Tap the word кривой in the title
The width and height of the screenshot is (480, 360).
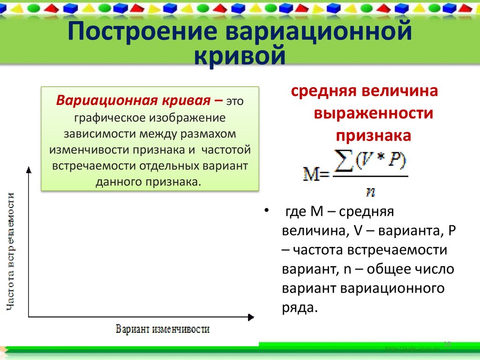click(x=240, y=56)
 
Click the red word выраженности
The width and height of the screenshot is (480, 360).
click(x=373, y=113)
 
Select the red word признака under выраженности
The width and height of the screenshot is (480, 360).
click(x=373, y=135)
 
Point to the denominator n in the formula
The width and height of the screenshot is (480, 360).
click(x=372, y=191)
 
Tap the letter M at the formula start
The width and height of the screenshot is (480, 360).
click(x=310, y=176)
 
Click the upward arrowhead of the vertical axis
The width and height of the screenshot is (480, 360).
click(x=29, y=169)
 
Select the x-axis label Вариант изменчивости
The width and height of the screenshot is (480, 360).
click(x=162, y=328)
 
